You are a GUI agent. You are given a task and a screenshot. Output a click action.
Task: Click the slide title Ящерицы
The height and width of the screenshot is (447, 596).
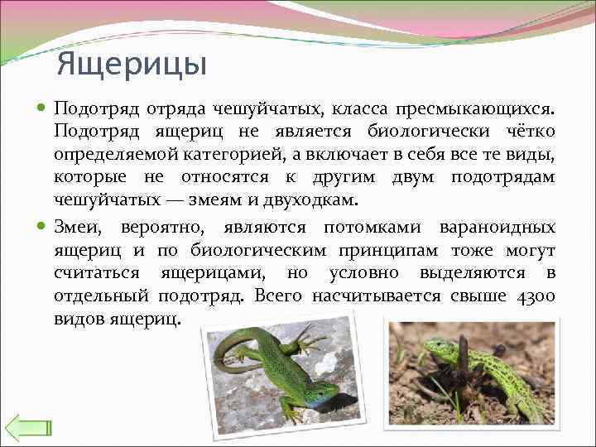(x=132, y=64)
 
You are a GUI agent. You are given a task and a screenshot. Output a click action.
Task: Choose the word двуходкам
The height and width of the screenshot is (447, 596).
(x=317, y=200)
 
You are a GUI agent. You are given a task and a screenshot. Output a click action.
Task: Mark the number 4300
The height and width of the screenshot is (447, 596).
(x=533, y=296)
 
